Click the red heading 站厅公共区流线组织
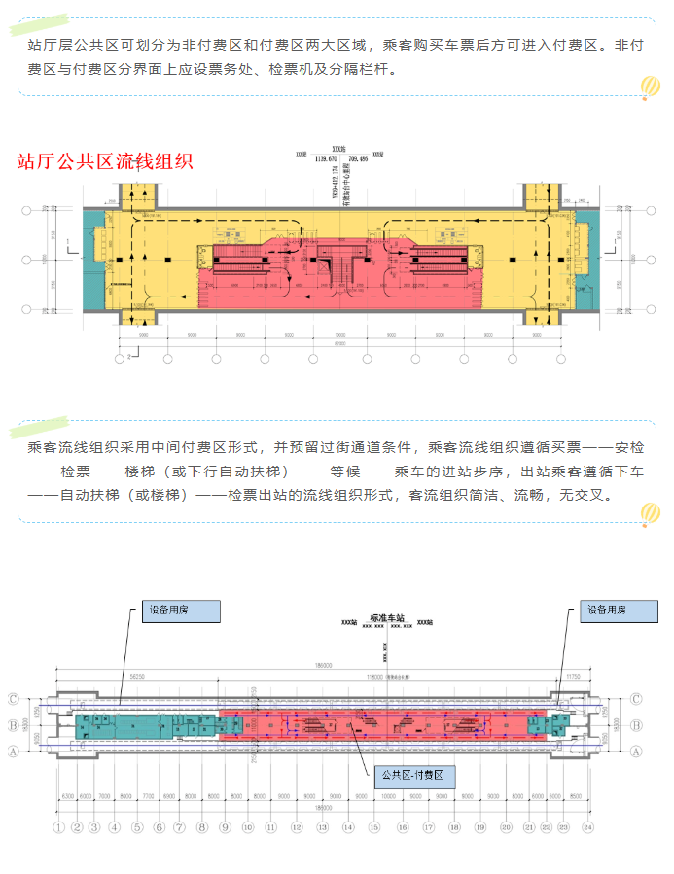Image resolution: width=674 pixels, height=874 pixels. click(106, 162)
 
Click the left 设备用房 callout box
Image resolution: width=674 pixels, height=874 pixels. click(181, 611)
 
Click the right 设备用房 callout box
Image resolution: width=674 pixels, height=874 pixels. click(605, 611)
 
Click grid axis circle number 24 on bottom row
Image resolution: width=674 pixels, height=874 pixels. click(586, 827)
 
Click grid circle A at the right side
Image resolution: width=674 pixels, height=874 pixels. click(636, 750)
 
